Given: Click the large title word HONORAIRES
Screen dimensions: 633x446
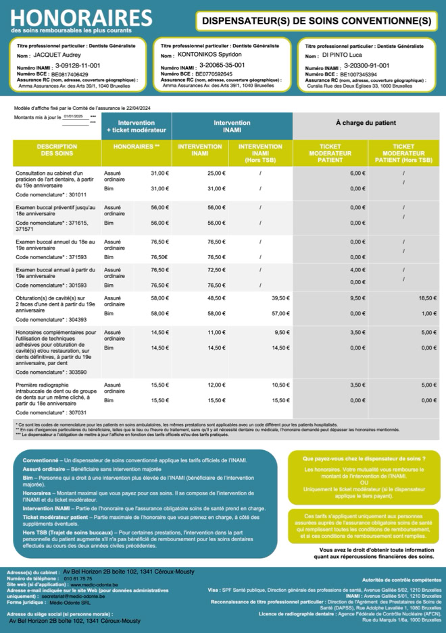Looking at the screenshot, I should [81, 18].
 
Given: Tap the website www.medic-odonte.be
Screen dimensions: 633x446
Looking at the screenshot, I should [95, 584].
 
